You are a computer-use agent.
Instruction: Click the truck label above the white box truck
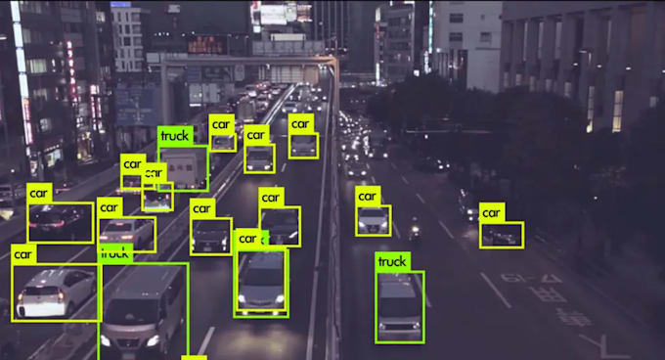(174, 136)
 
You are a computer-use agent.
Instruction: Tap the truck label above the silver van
(391, 261)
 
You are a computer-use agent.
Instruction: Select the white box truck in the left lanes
(183, 167)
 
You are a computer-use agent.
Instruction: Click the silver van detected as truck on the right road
(399, 306)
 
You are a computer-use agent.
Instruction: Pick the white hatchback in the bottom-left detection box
(56, 292)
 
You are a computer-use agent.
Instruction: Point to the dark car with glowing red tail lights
(61, 222)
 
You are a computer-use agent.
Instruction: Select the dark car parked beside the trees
(502, 235)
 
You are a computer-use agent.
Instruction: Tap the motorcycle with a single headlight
(414, 232)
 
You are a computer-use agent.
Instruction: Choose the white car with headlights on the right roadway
(373, 220)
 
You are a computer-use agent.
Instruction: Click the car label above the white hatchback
(23, 254)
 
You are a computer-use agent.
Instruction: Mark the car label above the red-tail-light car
(38, 193)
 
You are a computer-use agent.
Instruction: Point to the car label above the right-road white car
(367, 196)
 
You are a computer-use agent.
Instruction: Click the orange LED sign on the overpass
(207, 44)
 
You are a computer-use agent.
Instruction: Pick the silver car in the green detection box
(261, 283)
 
